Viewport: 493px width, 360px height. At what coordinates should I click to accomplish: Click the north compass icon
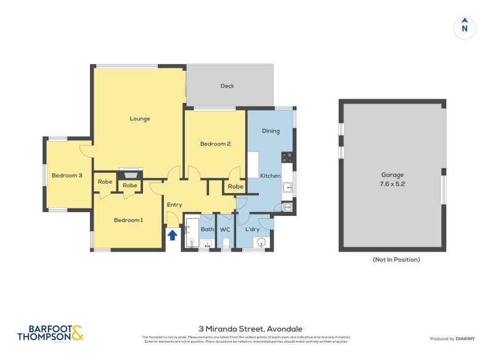pos(465,28)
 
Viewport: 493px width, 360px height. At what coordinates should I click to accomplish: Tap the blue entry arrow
pos(173,234)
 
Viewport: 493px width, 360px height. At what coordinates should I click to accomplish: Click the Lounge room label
pos(140,118)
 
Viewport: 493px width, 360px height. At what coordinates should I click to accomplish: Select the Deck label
pos(227,86)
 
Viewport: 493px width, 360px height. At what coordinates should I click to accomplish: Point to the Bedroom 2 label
pos(215,144)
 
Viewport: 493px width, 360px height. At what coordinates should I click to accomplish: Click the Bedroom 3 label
pos(67,175)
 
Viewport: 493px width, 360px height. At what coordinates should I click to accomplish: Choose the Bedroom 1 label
pos(128,219)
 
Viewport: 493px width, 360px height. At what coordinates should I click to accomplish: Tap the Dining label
pos(271,131)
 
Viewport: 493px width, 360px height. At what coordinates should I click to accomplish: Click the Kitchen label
pos(270,176)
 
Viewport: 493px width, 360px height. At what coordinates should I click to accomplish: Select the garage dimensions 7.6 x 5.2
pos(392,184)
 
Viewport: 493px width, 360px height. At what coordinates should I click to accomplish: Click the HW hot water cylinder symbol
pos(288,208)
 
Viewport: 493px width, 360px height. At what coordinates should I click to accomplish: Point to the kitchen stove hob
pos(287,157)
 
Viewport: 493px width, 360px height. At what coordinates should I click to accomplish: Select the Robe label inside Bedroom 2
pos(235,186)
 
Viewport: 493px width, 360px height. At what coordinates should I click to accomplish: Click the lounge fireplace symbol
pos(129,173)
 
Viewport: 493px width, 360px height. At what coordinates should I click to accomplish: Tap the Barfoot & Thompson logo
pos(50,333)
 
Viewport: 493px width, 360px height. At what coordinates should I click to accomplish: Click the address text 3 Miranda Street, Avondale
pos(246,329)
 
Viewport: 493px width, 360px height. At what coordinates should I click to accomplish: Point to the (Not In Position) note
pos(396,260)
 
